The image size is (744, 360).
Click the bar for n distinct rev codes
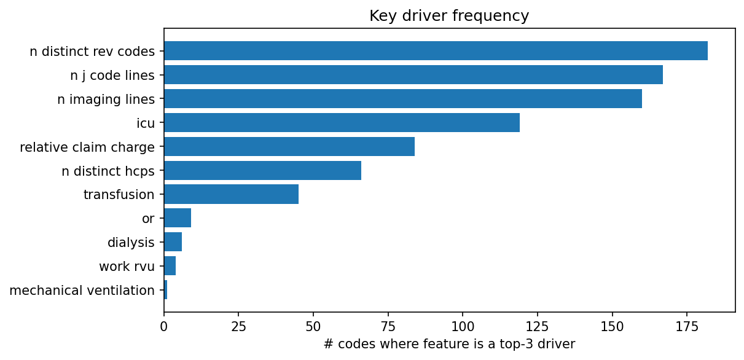(436, 51)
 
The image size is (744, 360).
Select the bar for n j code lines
(413, 75)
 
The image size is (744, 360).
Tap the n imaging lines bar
(403, 99)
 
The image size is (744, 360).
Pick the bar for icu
(342, 123)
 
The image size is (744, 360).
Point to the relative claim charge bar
(289, 147)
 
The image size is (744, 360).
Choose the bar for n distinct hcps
(262, 171)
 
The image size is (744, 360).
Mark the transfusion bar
(231, 195)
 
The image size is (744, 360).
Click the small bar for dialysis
(173, 243)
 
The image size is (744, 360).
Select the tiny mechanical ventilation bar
(165, 291)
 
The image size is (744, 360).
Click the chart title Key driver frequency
(449, 16)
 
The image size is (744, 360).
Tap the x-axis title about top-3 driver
(449, 345)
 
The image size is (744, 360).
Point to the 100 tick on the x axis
(463, 326)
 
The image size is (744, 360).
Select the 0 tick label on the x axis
(164, 326)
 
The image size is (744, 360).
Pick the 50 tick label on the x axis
(313, 326)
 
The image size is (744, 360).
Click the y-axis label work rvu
(127, 267)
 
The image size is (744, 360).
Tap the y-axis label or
(148, 219)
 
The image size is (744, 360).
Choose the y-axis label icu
(146, 123)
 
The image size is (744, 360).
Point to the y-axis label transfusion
(119, 195)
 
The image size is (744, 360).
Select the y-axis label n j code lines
(112, 75)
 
